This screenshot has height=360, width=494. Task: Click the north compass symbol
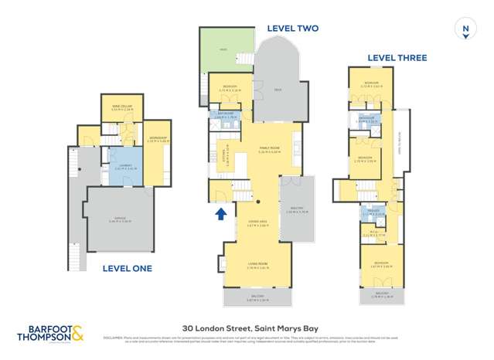tap(465, 29)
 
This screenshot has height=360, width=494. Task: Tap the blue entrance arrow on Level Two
tap(220, 212)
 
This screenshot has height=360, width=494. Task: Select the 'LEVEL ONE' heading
tap(128, 269)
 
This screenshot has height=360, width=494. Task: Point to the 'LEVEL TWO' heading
tap(292, 29)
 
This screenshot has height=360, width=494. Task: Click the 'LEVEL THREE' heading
tap(397, 58)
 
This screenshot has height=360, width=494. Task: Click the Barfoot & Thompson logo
tap(50, 332)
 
